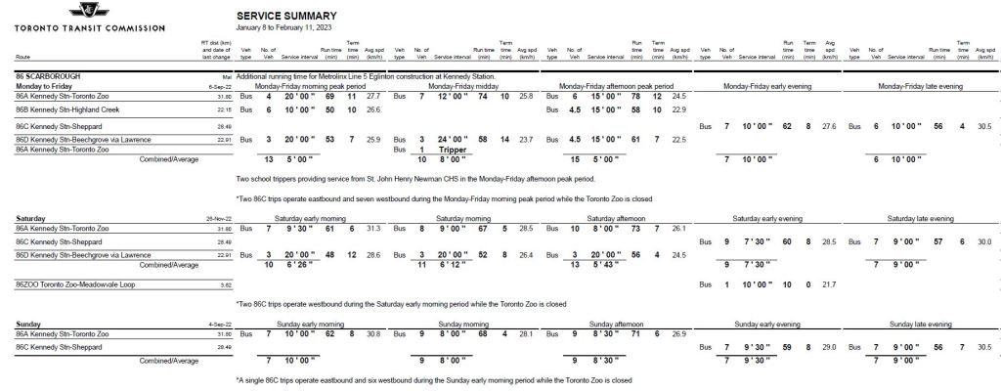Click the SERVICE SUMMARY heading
click(x=286, y=16)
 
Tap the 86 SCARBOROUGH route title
click(x=49, y=75)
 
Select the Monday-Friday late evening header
click(x=921, y=86)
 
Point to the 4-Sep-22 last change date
click(x=219, y=324)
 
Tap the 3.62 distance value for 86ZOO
click(x=225, y=284)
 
